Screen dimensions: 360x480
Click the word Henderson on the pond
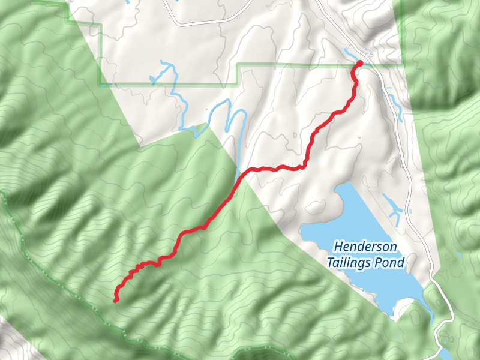tap(365, 247)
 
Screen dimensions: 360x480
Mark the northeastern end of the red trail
tap(360, 63)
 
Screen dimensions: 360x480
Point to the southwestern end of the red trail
tap(115, 301)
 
